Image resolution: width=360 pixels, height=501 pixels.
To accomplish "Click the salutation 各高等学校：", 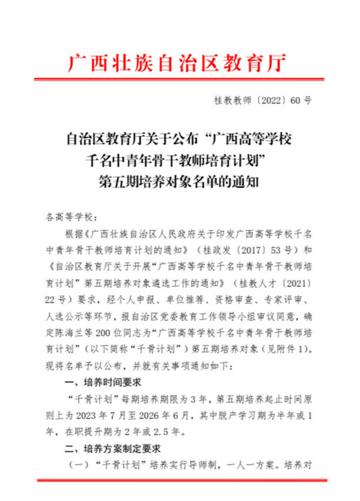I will tap(68, 216).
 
